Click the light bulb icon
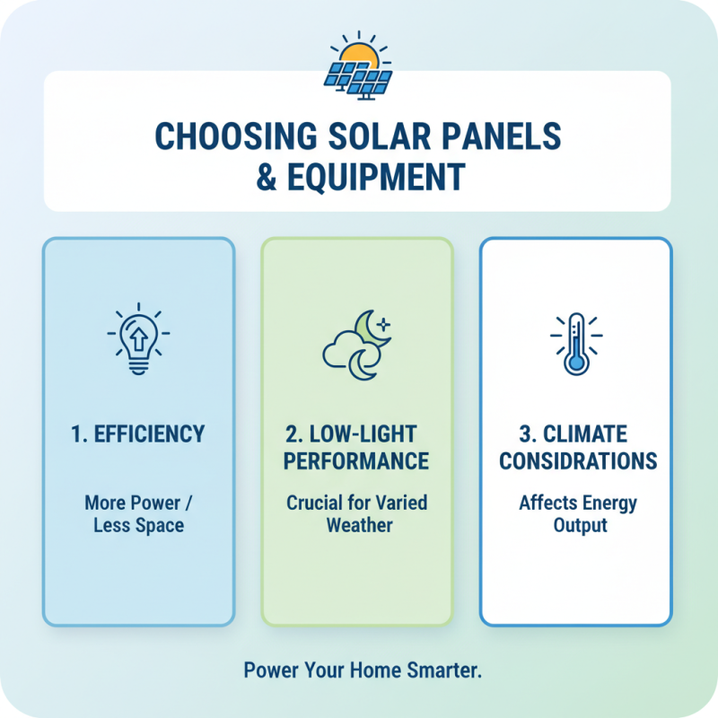click(138, 340)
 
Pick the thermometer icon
click(575, 343)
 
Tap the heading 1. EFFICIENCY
click(138, 434)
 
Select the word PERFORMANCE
click(356, 461)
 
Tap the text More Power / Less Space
click(138, 513)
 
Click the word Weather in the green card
click(356, 525)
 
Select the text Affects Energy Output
click(575, 513)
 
